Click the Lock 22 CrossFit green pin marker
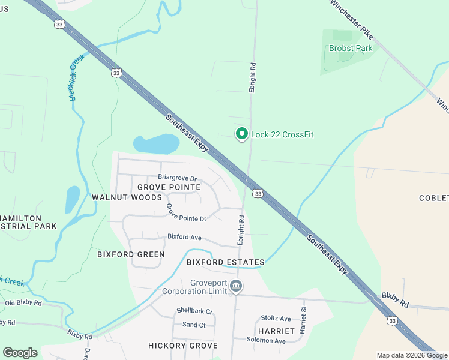tap(242, 134)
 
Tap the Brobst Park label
tap(351, 48)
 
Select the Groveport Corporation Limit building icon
tap(236, 287)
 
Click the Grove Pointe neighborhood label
tap(169, 187)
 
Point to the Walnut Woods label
tap(127, 197)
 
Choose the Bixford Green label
tap(131, 254)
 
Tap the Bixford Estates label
tap(225, 262)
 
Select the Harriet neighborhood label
tap(276, 331)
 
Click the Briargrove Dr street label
tap(177, 178)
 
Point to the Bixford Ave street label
tap(184, 237)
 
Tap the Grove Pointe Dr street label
tap(186, 213)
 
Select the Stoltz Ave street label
tap(276, 319)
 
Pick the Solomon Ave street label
tap(266, 340)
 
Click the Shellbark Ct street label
tap(194, 311)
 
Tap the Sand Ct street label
tap(194, 325)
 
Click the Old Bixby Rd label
tap(23, 303)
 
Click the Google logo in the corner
tap(20, 353)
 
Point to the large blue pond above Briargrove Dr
tap(156, 144)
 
